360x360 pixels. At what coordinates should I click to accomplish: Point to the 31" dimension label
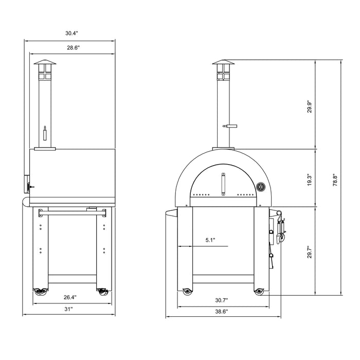click(69, 309)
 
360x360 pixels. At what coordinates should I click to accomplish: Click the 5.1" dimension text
click(209, 240)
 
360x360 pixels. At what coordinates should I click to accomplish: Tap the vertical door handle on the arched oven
click(223, 184)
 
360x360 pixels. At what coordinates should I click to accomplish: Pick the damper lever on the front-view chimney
click(229, 126)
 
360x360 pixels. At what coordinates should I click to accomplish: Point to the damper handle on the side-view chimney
click(45, 134)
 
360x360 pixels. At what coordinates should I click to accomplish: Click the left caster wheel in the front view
click(187, 293)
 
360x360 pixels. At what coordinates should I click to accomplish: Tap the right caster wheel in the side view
click(102, 292)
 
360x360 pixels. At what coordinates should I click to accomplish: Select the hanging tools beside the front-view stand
click(280, 231)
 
